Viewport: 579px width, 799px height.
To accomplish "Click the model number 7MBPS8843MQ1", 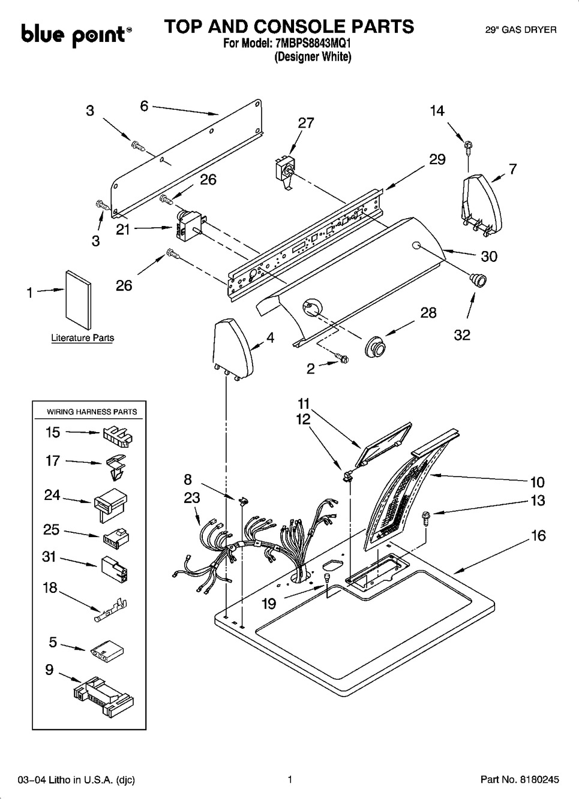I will click(x=312, y=44).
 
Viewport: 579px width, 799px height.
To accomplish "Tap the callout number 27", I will click(x=306, y=123).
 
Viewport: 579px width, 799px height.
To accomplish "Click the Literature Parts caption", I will click(x=82, y=338).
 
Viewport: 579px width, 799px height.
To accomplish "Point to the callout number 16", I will click(x=538, y=535).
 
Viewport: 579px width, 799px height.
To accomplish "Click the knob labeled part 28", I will click(x=375, y=346).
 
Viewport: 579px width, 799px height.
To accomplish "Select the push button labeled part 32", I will click(x=478, y=279).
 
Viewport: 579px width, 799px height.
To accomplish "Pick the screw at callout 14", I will click(x=466, y=145).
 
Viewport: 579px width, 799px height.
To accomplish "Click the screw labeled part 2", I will click(x=341, y=358).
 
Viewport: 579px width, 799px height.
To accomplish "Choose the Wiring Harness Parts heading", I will click(x=92, y=412).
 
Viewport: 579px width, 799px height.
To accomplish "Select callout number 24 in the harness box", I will click(x=52, y=495).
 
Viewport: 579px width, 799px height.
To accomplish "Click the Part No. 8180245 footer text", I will click(x=520, y=780).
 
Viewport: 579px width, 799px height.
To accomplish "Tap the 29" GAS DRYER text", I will click(x=520, y=29).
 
